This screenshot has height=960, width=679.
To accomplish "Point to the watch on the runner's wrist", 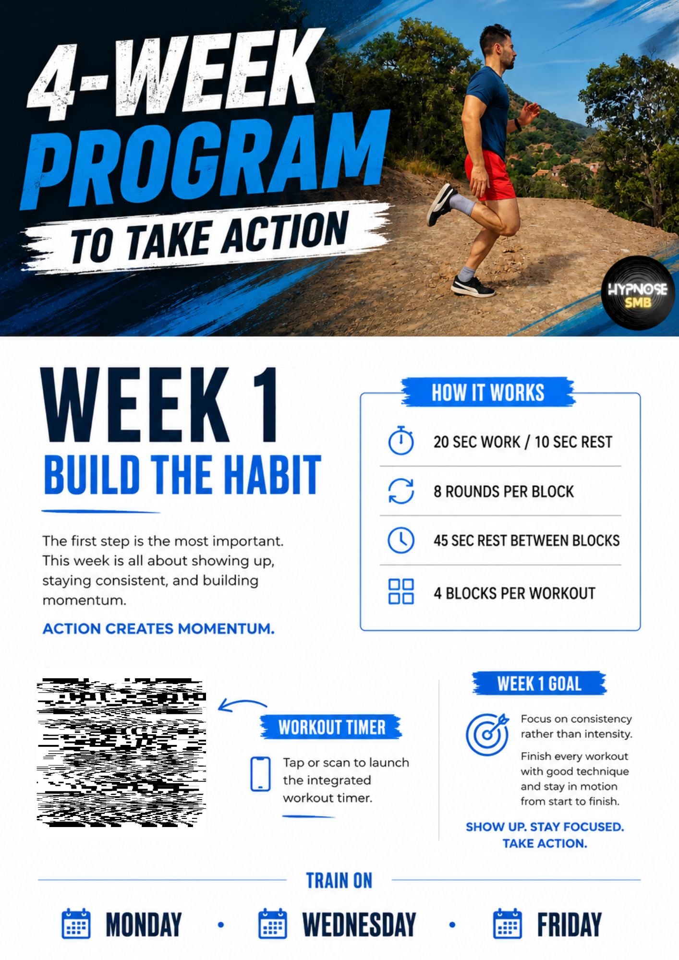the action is pyautogui.click(x=518, y=124).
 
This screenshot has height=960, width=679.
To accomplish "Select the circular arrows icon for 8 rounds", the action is pyautogui.click(x=401, y=491).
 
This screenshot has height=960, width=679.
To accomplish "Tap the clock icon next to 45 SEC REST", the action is pyautogui.click(x=401, y=540).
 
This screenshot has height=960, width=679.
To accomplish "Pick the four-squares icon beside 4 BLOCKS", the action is pyautogui.click(x=401, y=591).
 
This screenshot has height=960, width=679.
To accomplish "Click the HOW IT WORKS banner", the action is pyautogui.click(x=488, y=392).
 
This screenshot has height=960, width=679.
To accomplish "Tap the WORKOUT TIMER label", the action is pyautogui.click(x=331, y=727).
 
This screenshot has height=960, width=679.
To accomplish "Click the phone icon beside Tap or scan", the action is pyautogui.click(x=261, y=773).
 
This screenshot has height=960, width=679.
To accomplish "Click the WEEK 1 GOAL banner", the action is pyautogui.click(x=539, y=683).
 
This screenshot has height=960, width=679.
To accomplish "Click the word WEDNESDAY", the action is pyautogui.click(x=359, y=924).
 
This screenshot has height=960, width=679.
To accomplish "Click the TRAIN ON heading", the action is pyautogui.click(x=339, y=880).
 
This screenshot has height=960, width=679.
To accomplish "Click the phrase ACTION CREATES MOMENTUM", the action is pyautogui.click(x=158, y=628).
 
